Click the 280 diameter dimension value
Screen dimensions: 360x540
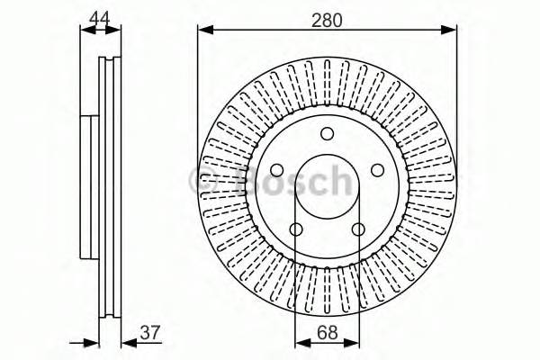(328, 18)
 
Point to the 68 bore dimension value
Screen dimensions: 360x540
(328, 335)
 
